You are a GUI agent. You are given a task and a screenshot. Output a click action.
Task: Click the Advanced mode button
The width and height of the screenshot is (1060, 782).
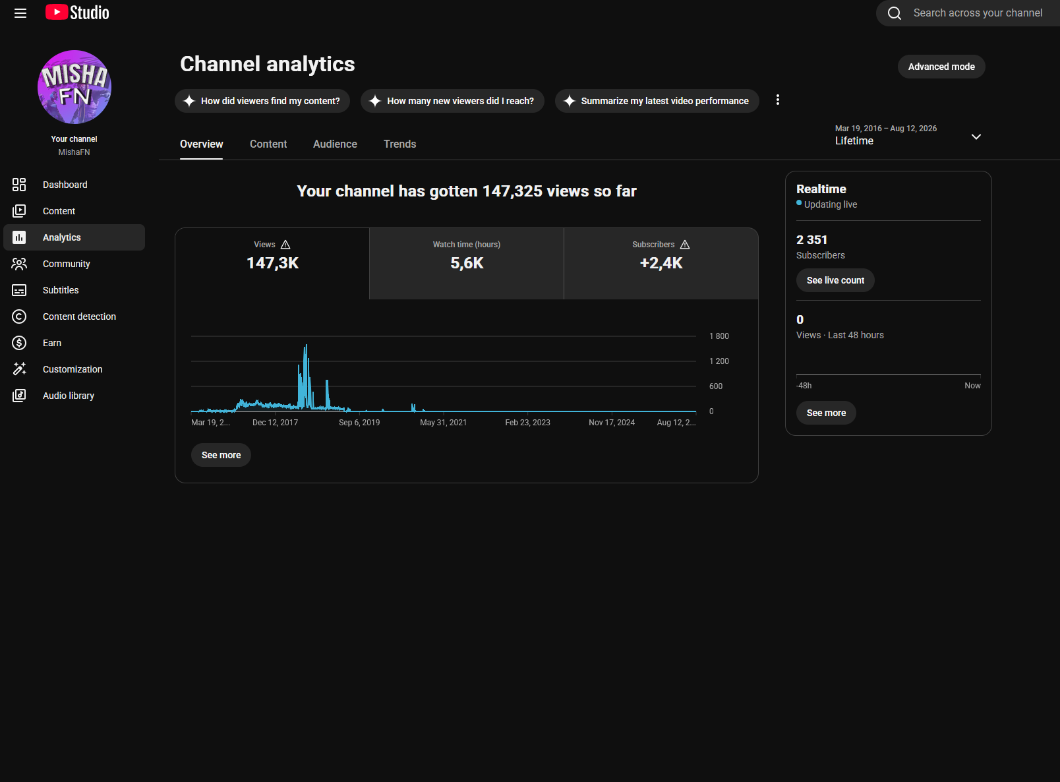[x=941, y=67]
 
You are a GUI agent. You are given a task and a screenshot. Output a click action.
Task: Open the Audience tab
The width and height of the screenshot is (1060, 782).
[x=335, y=144]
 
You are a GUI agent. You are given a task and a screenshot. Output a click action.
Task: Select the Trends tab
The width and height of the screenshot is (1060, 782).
[x=400, y=144]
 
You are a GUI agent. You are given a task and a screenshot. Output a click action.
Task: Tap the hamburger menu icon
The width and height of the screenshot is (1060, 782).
[x=20, y=13]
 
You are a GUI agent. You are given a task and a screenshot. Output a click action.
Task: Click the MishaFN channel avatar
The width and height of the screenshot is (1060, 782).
[x=74, y=87]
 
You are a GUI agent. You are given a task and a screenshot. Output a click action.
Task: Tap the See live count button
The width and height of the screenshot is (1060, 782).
[x=835, y=280]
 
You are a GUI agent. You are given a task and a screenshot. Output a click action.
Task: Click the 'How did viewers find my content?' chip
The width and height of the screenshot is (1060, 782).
[x=262, y=101]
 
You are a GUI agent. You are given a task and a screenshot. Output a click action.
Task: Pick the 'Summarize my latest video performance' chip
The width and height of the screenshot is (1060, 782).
[x=657, y=101]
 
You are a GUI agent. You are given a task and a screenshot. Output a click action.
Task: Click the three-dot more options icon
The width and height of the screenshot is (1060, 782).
[x=777, y=100]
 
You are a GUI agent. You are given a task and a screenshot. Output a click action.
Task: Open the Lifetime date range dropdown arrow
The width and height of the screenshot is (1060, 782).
[x=976, y=136]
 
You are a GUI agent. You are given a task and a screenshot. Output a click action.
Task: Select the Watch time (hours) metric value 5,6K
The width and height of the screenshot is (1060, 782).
[x=467, y=263]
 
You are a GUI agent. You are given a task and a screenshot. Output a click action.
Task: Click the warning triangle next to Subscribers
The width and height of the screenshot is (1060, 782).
[x=685, y=245]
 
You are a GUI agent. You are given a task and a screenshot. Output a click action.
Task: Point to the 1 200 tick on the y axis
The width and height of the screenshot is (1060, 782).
[x=719, y=361]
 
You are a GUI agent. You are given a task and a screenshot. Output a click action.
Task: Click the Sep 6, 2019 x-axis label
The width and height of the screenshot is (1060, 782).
[x=359, y=422]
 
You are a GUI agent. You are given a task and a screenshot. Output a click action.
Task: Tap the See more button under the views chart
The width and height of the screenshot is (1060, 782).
[x=221, y=455]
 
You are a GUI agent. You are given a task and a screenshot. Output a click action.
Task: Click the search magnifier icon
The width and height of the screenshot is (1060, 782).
[x=894, y=13]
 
